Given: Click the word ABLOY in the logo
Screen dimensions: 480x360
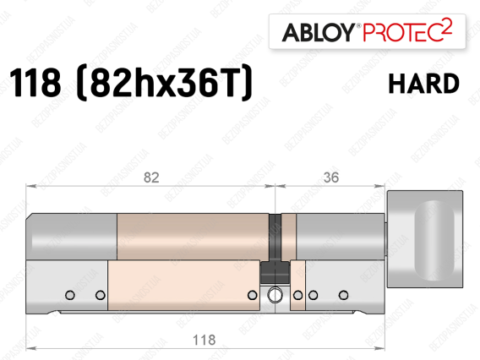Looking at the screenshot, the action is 318,32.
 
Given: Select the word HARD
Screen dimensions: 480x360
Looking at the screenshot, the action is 424,84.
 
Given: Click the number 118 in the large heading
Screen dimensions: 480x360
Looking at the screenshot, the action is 35,83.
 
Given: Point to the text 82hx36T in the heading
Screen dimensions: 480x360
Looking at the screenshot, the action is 166,83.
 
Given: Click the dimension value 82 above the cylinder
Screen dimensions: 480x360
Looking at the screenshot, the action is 151,177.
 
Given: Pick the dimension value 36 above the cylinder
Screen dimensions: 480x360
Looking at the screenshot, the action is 331,177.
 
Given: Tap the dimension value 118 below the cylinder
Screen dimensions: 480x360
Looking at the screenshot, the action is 205,340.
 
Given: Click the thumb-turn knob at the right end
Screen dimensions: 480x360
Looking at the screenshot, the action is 425,239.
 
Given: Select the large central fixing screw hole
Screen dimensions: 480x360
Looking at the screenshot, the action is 275,295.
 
